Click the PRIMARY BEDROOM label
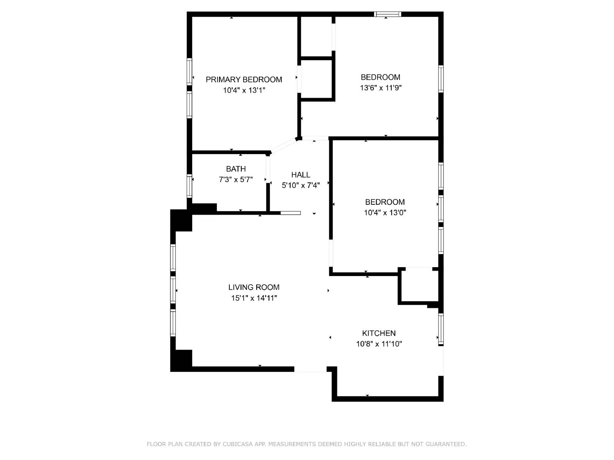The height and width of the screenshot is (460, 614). [244, 80]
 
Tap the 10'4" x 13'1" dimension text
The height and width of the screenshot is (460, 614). [244, 90]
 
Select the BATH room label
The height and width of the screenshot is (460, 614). [236, 169]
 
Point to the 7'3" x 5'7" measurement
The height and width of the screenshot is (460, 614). [236, 179]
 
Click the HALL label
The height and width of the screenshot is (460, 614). [300, 175]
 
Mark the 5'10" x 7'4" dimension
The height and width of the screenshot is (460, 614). [300, 186]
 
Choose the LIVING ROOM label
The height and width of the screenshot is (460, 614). [254, 287]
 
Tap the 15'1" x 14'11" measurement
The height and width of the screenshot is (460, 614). [254, 298]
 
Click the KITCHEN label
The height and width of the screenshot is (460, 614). [379, 333]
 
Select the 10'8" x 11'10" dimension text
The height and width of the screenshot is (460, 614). [379, 344]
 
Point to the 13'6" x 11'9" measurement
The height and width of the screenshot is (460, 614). [380, 88]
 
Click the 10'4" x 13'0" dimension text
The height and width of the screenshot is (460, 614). [385, 212]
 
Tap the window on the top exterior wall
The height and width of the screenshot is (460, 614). [388, 15]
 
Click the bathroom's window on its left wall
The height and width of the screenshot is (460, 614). [189, 186]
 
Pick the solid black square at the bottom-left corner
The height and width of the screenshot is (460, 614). [181, 361]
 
